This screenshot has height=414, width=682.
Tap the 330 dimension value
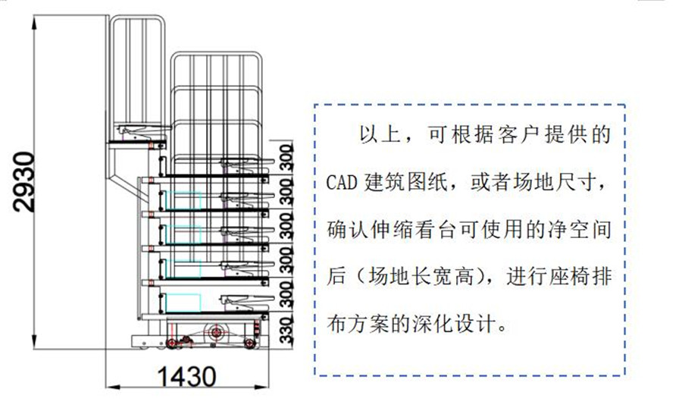click(x=286, y=330)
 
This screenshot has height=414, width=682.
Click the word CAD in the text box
click(x=341, y=183)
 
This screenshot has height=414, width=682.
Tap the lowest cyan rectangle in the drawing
click(x=181, y=301)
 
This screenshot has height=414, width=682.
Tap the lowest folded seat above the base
click(x=242, y=303)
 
